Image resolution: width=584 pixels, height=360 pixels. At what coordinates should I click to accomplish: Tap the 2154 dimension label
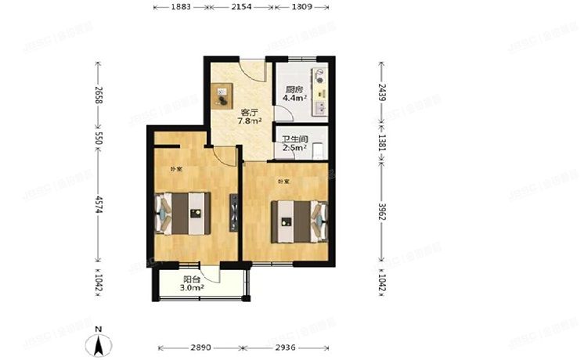coord(240,8)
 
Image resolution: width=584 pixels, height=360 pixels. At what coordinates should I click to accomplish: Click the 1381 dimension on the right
coord(382,143)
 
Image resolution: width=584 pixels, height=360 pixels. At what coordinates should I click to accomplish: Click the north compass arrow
coord(99,342)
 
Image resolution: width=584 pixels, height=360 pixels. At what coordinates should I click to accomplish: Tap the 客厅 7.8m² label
coord(250,117)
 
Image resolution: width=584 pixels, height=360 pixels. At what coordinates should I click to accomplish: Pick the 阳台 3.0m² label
coord(193,283)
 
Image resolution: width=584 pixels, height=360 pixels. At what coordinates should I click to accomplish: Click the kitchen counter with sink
coord(321,95)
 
